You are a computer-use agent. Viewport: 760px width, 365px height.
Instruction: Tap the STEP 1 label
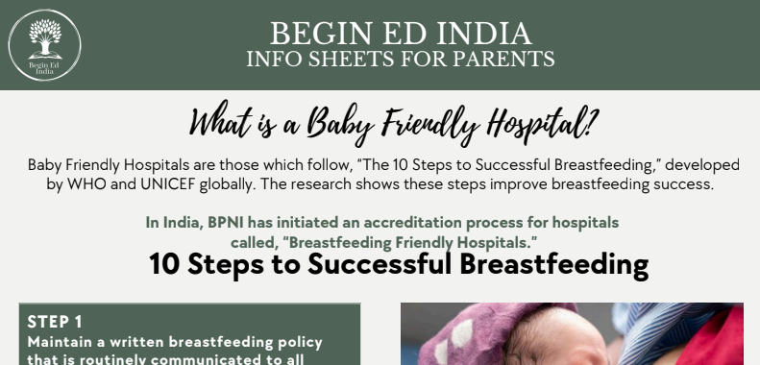click(55, 322)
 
